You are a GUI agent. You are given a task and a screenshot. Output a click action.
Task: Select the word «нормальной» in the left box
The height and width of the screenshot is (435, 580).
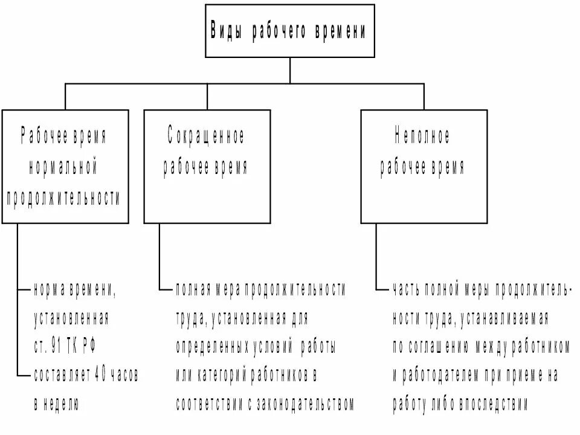[x=63, y=167]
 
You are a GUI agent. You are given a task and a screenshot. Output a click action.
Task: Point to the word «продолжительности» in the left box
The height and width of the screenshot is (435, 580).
[x=63, y=199]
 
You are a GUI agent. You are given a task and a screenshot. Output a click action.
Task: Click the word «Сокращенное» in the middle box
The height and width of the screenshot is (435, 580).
[x=206, y=137]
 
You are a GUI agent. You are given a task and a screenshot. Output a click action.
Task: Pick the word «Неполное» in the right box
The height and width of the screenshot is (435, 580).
[x=422, y=137]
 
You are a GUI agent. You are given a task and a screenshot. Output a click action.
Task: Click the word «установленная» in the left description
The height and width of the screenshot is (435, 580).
[x=71, y=318]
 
